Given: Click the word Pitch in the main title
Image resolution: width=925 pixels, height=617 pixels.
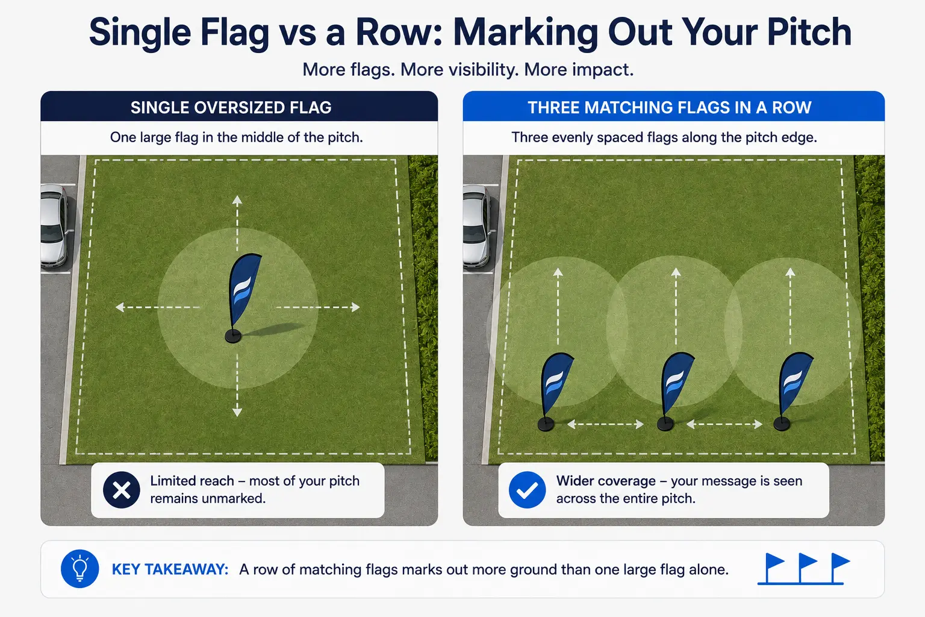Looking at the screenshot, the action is [809, 32].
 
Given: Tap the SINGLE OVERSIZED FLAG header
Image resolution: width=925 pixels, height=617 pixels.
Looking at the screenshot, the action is [231, 107].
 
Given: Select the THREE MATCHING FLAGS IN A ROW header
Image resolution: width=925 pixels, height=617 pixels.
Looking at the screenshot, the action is [670, 107].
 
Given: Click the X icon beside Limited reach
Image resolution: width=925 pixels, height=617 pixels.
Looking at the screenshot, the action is [122, 490].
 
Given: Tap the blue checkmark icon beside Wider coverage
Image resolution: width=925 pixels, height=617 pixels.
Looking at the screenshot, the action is [527, 490].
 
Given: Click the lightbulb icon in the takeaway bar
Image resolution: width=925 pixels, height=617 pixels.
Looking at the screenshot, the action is [79, 569].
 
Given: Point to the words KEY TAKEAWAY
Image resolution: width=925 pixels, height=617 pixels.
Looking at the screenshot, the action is [170, 569].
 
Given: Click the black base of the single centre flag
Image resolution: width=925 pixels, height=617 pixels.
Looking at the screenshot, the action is [233, 336].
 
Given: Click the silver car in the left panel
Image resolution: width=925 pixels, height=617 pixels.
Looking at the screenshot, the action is [54, 225].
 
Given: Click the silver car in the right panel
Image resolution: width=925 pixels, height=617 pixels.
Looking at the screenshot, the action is [476, 225].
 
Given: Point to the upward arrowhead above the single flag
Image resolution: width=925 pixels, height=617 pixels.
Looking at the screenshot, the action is [237, 201].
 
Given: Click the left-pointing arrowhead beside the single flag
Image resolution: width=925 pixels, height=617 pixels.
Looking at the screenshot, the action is [120, 307].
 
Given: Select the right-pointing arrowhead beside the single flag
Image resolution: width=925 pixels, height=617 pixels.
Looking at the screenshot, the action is [355, 307].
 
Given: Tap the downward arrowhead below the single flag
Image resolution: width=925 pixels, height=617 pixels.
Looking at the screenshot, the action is [237, 412].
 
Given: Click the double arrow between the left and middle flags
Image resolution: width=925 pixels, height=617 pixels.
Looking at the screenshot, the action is [605, 424].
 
